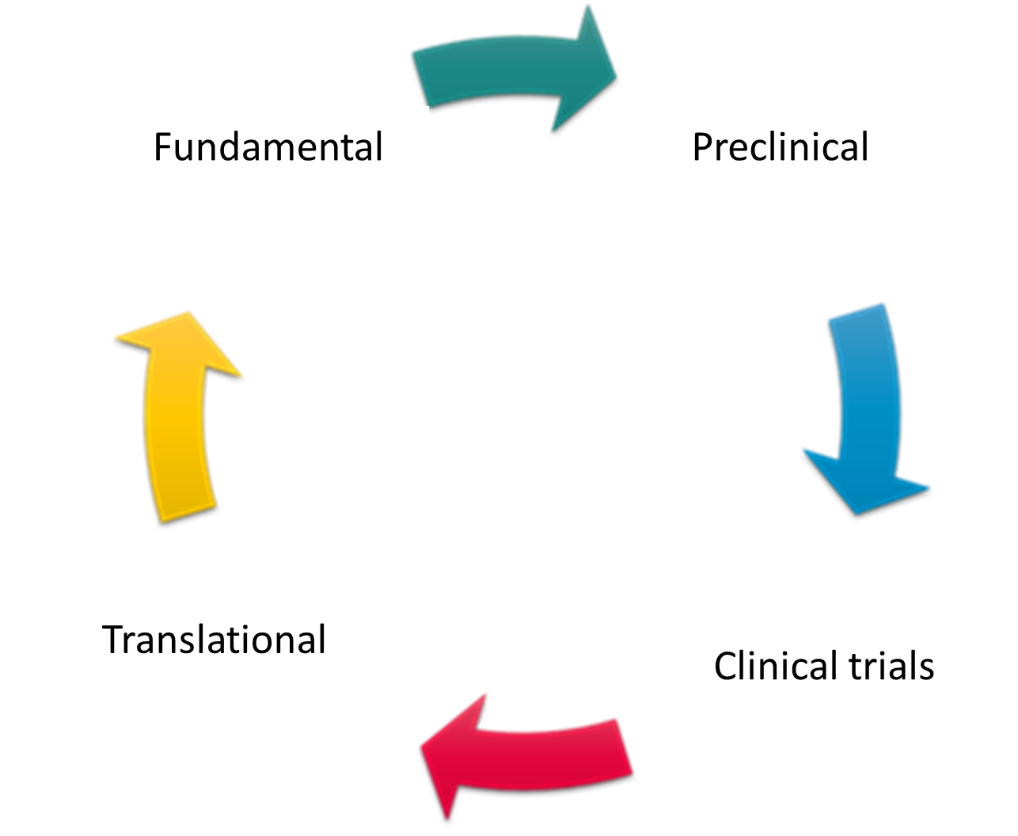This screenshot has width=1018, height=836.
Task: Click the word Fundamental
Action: pos(268,147)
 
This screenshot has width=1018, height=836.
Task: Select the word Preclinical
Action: pos(781,147)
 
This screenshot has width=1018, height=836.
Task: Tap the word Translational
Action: pos(215,640)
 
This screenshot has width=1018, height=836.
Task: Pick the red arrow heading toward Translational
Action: pos(530,755)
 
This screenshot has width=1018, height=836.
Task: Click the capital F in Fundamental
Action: pos(162,147)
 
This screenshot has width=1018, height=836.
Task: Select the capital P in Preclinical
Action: pos(703,147)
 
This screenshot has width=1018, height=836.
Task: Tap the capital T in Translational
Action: pos(116,640)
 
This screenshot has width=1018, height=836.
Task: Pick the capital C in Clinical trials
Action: pos(726,667)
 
